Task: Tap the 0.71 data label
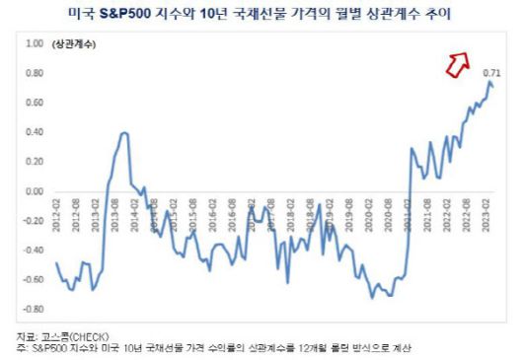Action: tap(489, 73)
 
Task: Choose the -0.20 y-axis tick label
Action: tap(32, 221)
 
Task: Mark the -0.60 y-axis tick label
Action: tap(32, 280)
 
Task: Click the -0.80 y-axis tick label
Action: tap(32, 309)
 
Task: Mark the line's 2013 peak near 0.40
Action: tap(123, 132)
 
